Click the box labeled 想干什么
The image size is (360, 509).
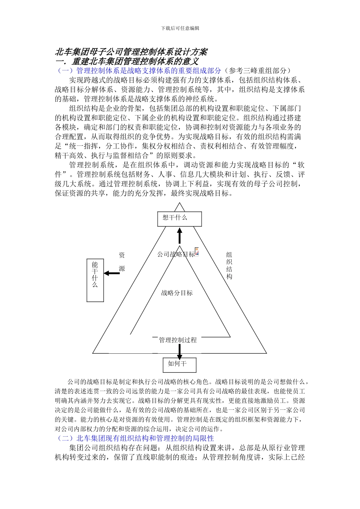click(x=180, y=219)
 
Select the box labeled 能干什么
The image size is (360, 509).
click(x=95, y=280)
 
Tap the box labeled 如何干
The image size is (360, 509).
click(x=180, y=365)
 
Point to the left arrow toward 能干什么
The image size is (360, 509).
click(x=112, y=273)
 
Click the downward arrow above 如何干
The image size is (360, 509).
click(x=180, y=351)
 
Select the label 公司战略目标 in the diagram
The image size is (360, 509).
click(x=176, y=254)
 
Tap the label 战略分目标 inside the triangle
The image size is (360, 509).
click(x=177, y=293)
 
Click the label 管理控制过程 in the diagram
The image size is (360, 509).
click(x=178, y=340)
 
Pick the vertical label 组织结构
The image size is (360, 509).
click(x=229, y=265)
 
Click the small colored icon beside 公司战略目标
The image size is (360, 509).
click(x=197, y=251)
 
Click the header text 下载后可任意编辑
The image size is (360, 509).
click(x=180, y=28)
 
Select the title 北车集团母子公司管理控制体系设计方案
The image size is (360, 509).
click(x=131, y=52)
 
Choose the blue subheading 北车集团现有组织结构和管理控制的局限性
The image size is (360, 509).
click(x=145, y=438)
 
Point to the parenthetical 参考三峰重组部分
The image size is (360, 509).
click(x=258, y=70)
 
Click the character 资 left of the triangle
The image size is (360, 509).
click(x=122, y=255)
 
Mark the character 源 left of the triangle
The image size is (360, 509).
click(x=122, y=269)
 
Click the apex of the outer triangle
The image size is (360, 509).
click(x=180, y=203)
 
